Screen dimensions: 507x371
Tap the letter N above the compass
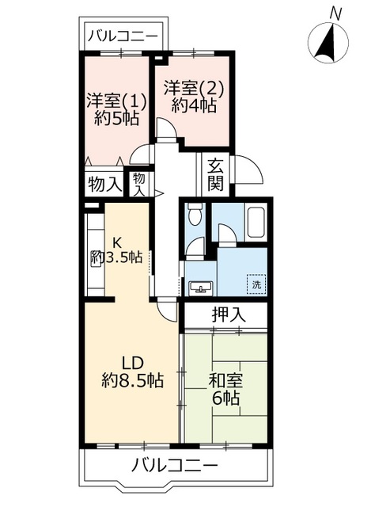point(335,13)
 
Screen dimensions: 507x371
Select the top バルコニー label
point(122,36)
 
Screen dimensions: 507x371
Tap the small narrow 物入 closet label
point(139,185)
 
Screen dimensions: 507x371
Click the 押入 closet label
point(229,314)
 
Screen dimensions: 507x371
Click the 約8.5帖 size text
point(132,380)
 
